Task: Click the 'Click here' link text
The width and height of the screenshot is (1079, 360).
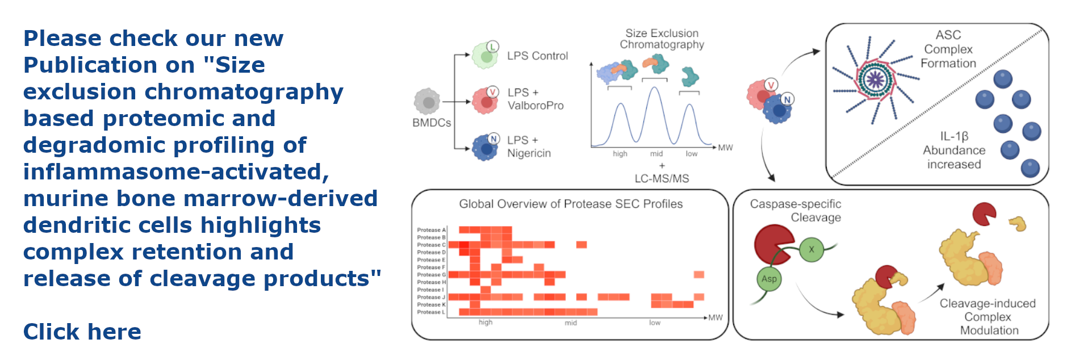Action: click(82, 332)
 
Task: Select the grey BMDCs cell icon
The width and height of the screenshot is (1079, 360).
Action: click(427, 102)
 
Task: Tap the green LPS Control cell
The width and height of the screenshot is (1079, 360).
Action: click(486, 56)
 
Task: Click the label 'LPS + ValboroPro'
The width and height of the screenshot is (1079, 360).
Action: click(535, 99)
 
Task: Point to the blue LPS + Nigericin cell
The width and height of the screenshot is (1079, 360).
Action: click(486, 148)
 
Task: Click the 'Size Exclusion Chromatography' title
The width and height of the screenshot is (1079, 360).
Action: click(662, 39)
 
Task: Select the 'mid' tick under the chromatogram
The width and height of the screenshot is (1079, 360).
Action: click(656, 154)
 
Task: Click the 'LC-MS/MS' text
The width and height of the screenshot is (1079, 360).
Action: click(662, 178)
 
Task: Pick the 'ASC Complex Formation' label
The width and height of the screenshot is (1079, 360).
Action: click(948, 49)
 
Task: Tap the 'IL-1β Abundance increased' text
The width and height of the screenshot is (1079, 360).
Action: click(954, 150)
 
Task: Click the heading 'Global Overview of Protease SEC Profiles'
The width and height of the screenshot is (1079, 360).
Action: click(571, 204)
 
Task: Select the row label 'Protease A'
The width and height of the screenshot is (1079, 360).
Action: click(431, 230)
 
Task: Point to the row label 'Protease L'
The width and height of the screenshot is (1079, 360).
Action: click(431, 312)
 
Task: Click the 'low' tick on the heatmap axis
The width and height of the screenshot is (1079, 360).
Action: click(655, 323)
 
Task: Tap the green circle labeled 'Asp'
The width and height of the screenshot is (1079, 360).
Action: click(769, 279)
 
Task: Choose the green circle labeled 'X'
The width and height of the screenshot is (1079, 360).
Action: click(812, 250)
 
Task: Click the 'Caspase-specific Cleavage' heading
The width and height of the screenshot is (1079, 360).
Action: click(795, 211)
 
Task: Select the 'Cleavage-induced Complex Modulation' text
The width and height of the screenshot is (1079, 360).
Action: click(988, 317)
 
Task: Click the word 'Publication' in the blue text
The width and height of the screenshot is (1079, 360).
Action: click(108, 65)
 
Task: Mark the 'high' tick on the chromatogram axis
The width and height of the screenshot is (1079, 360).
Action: click(620, 154)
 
